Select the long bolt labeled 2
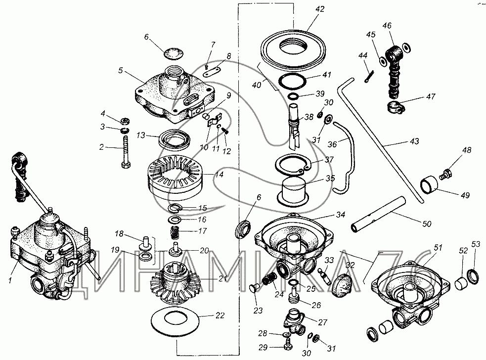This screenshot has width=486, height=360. (126, 153)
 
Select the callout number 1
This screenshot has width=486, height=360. (10, 280)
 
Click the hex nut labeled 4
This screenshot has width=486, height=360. (125, 120)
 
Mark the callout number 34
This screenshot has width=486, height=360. (340, 215)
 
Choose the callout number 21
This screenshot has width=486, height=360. (223, 278)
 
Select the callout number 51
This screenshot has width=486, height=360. (438, 248)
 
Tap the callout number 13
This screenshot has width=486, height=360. (141, 135)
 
